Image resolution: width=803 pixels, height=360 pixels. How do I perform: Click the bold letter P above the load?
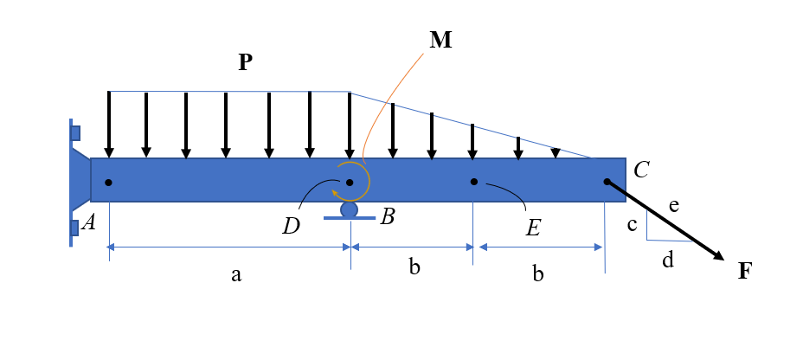246,62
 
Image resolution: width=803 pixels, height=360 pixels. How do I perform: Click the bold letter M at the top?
441,41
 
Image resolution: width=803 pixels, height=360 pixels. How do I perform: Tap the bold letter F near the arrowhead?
745,270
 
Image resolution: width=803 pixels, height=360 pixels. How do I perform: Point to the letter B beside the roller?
388,217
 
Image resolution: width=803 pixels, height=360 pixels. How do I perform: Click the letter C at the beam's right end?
641,170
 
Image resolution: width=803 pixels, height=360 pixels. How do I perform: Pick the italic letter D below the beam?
291,227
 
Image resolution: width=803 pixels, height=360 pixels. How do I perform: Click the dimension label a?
235,275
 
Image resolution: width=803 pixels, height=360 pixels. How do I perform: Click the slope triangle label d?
667,259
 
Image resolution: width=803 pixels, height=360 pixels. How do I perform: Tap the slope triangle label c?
633,225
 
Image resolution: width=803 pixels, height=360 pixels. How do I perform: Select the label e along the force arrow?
675,205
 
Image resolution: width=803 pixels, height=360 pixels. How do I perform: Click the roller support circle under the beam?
349,209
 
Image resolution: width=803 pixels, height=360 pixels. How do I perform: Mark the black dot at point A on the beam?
108,182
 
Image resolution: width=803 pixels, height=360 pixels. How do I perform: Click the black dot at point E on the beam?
473,182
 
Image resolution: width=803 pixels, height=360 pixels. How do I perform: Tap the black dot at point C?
607,182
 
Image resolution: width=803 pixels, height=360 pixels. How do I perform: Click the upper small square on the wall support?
75,133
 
